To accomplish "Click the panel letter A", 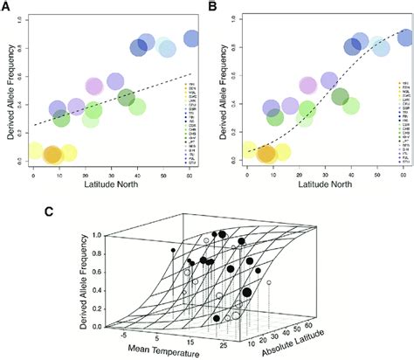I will (x=8, y=8).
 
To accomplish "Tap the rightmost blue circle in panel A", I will (x=193, y=38).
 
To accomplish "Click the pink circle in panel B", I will (x=308, y=86).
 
